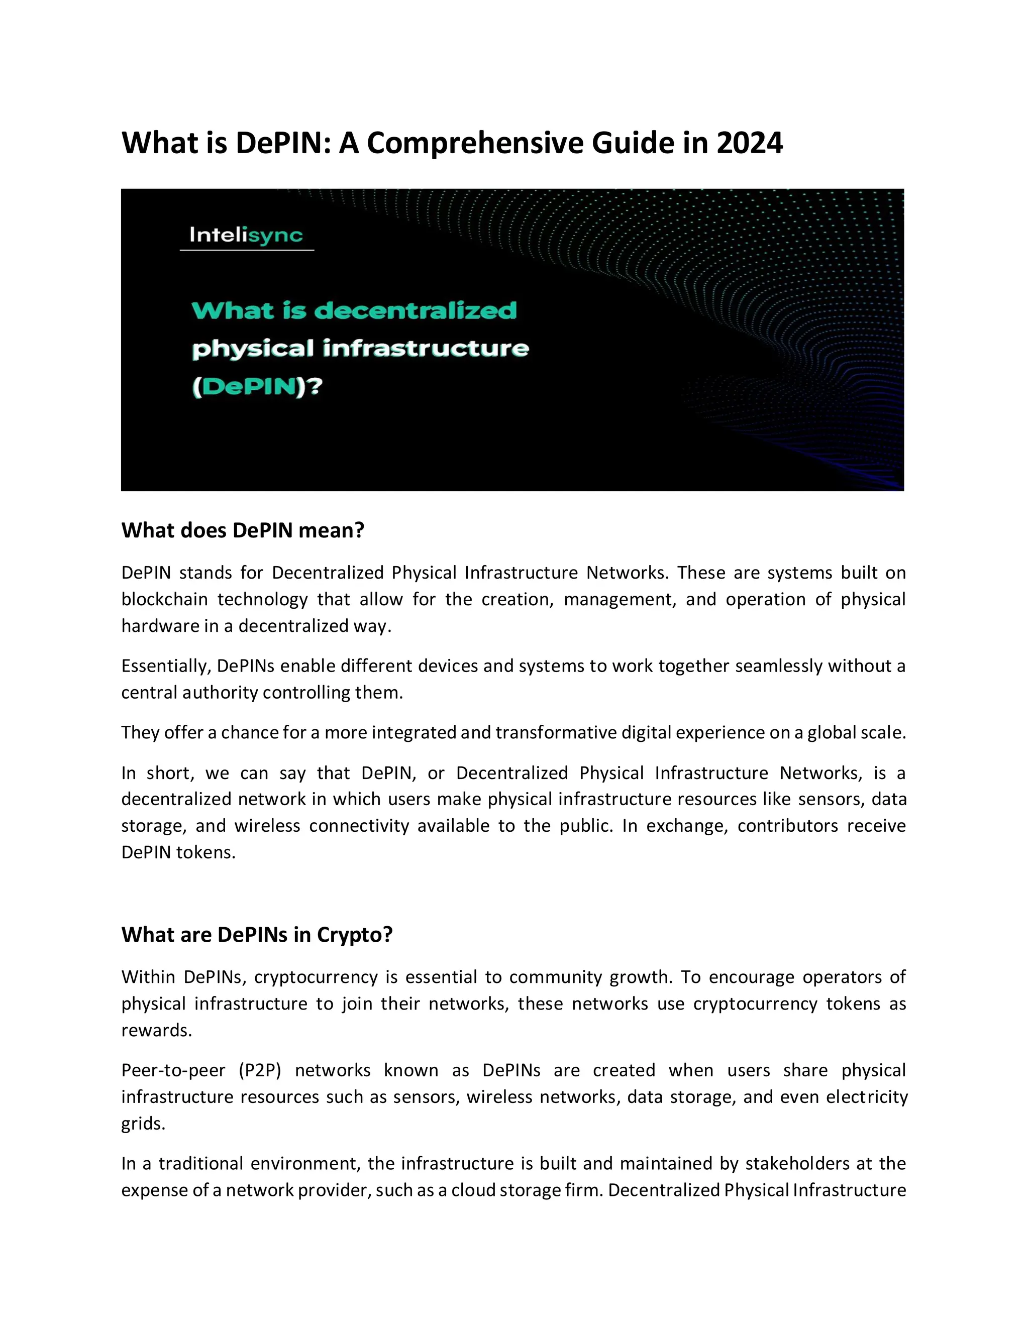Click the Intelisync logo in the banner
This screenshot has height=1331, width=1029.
tap(246, 235)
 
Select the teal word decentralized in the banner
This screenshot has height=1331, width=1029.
tap(415, 311)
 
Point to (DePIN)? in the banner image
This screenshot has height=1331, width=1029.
tap(257, 387)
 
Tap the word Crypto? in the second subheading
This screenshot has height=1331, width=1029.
tap(355, 934)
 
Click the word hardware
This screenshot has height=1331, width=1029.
tap(155, 626)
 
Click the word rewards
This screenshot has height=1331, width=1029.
tap(157, 1030)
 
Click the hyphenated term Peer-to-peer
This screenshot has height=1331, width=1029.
tap(173, 1070)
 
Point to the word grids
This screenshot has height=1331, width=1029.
tap(143, 1123)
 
